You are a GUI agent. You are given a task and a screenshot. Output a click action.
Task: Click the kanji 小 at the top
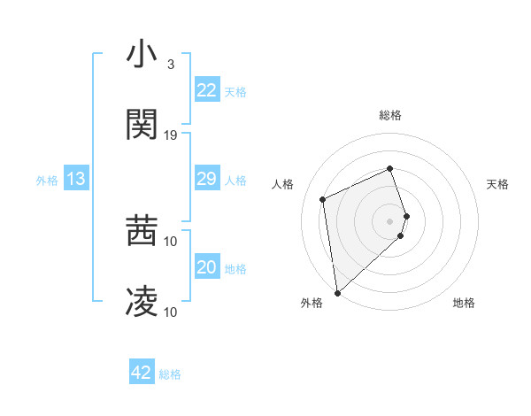(142, 56)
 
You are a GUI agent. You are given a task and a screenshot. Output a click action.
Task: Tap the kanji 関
(142, 125)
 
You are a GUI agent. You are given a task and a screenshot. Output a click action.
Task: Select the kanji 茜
(142, 232)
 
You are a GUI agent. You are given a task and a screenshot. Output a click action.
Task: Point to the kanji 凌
(142, 302)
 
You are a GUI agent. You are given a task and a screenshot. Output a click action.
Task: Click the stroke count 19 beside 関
(171, 135)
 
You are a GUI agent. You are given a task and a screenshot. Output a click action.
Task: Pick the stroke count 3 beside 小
(170, 65)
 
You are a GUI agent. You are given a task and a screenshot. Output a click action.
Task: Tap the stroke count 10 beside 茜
(171, 241)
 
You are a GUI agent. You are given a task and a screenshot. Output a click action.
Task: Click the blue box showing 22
(206, 90)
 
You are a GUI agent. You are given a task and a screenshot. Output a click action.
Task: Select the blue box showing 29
(206, 180)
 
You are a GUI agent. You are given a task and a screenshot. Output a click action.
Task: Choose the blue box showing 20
(206, 267)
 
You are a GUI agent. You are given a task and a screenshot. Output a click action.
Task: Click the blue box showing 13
(76, 180)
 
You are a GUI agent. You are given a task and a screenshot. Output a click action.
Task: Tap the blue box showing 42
(142, 373)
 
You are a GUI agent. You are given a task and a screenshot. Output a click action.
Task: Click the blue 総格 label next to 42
(170, 374)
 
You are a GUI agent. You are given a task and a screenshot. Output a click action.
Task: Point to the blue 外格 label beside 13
(47, 181)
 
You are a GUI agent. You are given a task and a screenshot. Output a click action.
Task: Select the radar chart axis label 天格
(498, 184)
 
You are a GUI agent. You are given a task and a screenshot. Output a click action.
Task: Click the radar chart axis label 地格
(464, 304)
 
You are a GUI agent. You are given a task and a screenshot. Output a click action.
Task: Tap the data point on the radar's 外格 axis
(336, 292)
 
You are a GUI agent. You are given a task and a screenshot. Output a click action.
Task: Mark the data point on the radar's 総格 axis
(389, 169)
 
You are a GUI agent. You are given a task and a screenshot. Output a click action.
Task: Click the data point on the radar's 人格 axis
(323, 199)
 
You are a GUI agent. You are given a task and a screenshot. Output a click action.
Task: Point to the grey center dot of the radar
(389, 220)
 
